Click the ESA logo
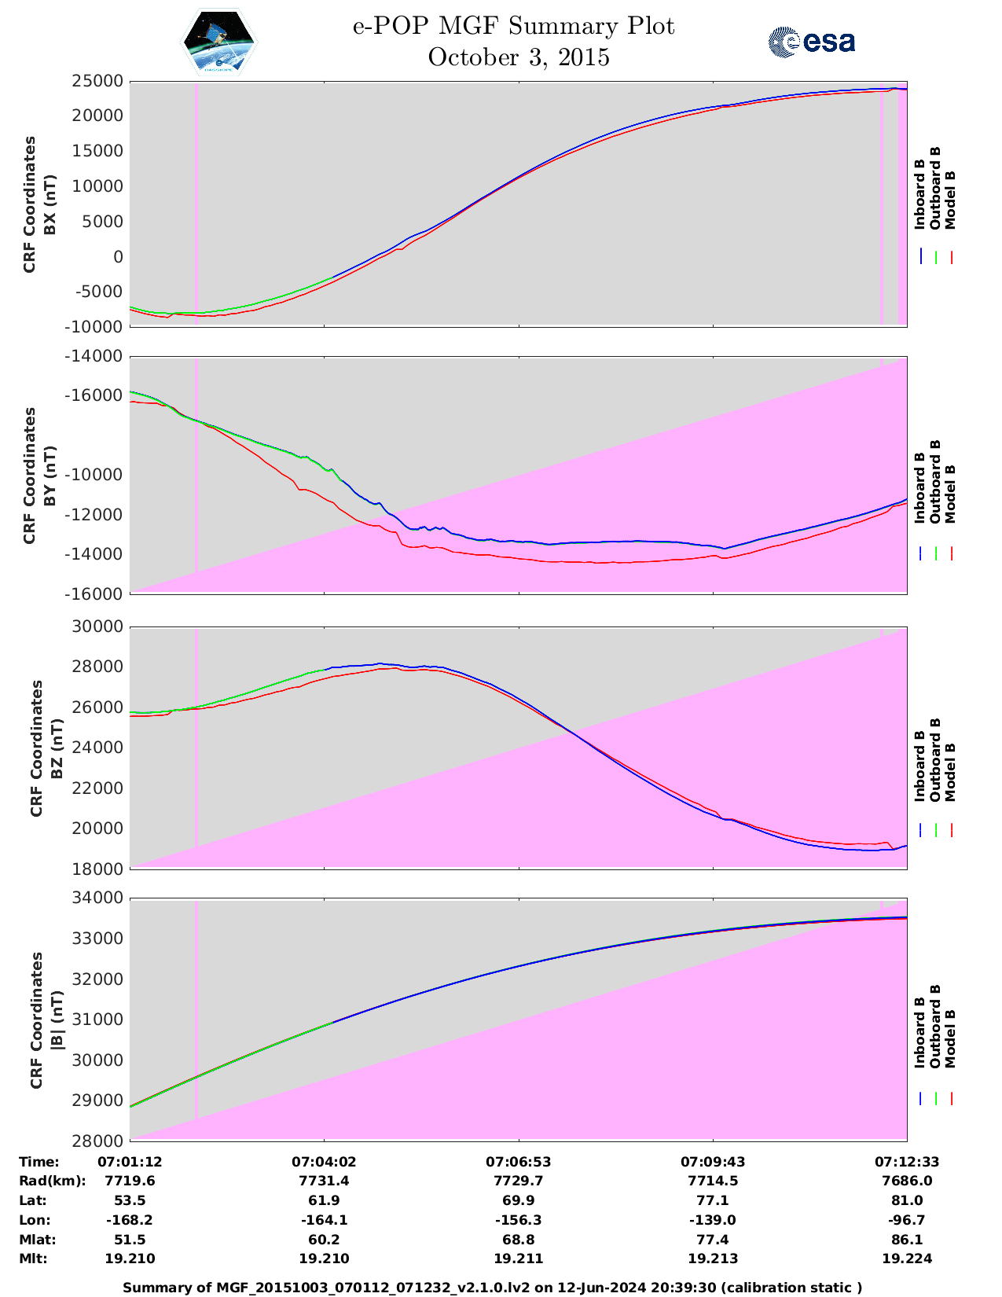pos(811,42)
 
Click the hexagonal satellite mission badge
pos(218,42)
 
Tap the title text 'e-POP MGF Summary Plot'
pos(513,26)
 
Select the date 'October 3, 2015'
pos(519,57)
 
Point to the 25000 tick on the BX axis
pos(97,81)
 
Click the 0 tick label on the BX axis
pos(118,257)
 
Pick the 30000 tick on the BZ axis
pos(97,627)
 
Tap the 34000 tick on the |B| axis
pos(97,898)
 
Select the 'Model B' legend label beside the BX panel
pos(950,200)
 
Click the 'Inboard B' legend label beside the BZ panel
pos(920,766)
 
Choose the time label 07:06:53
pos(518,1162)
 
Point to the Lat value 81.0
pos(907,1200)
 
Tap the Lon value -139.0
pos(713,1220)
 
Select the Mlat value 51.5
pos(130,1240)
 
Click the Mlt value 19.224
pos(907,1258)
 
